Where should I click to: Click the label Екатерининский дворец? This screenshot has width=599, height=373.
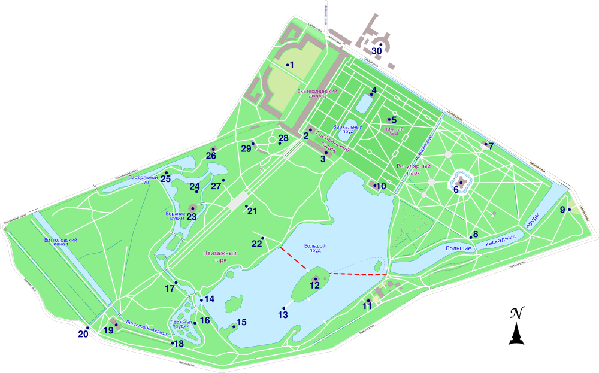pyautogui.click(x=317, y=93)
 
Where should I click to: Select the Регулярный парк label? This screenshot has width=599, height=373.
pyautogui.click(x=409, y=169)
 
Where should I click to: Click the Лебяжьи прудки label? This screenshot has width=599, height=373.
pyautogui.click(x=181, y=323)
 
